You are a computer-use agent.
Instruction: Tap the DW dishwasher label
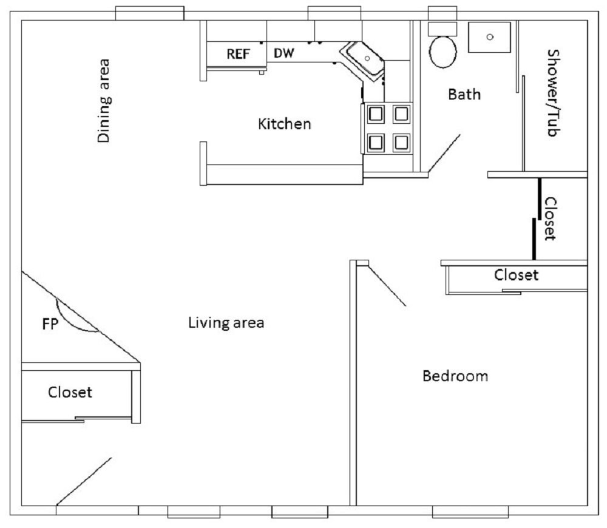coord(283,53)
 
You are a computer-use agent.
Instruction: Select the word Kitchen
coord(284,124)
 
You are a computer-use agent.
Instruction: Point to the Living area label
coord(226,322)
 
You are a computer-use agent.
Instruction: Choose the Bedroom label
coord(455,376)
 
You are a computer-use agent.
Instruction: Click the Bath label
coord(464,94)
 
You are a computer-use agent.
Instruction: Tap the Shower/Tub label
coord(554,92)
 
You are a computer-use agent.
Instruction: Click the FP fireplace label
coord(50,324)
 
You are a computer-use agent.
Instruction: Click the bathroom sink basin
coord(490,37)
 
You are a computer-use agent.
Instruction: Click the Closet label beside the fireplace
coord(70,392)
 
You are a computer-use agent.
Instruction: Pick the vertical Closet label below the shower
coord(551,218)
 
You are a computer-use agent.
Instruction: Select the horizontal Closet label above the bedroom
coord(516,275)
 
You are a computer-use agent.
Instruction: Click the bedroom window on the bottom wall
coord(470,512)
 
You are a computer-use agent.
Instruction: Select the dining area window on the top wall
coord(149,13)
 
